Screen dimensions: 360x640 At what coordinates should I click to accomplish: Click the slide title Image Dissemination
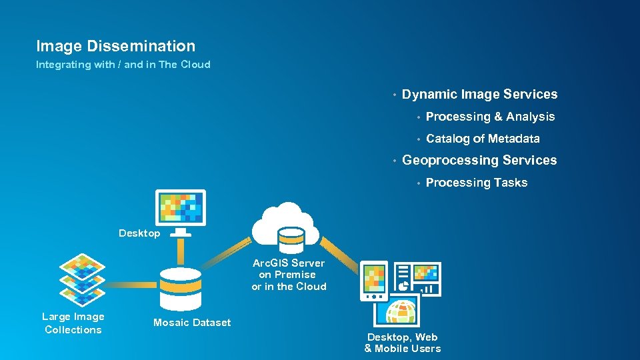pyautogui.click(x=115, y=46)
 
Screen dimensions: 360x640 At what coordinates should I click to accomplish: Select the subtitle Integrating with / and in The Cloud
pyautogui.click(x=123, y=65)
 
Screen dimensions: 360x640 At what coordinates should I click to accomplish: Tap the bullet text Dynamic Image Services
pyautogui.click(x=479, y=94)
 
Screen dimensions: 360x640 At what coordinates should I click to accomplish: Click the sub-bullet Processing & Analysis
pyautogui.click(x=490, y=117)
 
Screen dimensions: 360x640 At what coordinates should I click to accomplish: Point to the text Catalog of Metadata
pyautogui.click(x=483, y=139)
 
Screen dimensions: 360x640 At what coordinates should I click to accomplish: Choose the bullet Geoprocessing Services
pyautogui.click(x=479, y=160)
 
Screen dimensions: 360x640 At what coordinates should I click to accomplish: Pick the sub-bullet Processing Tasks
pyautogui.click(x=476, y=183)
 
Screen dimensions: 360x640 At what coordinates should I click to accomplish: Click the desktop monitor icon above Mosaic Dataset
pyautogui.click(x=180, y=208)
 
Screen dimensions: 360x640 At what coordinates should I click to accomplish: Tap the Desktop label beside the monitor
pyautogui.click(x=139, y=233)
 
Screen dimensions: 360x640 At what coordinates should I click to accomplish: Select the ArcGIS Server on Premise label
pyautogui.click(x=289, y=275)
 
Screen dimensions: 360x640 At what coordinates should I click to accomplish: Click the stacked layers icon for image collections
pyautogui.click(x=83, y=279)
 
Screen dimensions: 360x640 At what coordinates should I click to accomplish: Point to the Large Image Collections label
pyautogui.click(x=73, y=323)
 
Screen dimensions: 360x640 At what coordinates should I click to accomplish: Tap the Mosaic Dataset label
pyautogui.click(x=192, y=323)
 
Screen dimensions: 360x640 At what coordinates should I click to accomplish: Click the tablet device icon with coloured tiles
pyautogui.click(x=374, y=279)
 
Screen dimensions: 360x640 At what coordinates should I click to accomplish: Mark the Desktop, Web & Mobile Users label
pyautogui.click(x=403, y=343)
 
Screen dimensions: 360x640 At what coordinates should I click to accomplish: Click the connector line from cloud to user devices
pyautogui.click(x=339, y=253)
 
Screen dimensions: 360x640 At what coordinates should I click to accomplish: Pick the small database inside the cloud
pyautogui.click(x=291, y=236)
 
